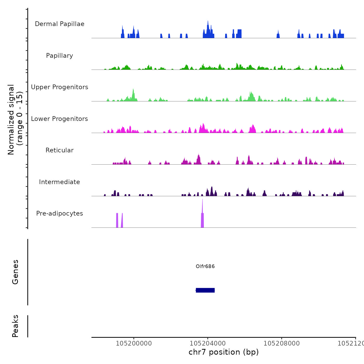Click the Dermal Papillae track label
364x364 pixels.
point(60,24)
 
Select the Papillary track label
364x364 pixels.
point(60,56)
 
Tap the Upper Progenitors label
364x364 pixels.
point(60,87)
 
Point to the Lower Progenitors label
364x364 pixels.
point(60,119)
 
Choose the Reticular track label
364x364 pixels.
point(60,150)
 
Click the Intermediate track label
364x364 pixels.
point(60,182)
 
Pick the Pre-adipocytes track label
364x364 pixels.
point(60,213)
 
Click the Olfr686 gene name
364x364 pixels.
point(205,266)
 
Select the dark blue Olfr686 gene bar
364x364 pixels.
point(205,290)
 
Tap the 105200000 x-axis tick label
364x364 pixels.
point(134,343)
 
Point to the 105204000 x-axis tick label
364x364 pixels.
point(208,343)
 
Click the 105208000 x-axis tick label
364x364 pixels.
point(282,343)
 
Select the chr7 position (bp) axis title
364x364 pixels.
point(224,352)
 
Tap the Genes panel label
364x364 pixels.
point(15,272)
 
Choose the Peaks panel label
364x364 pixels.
point(15,326)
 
